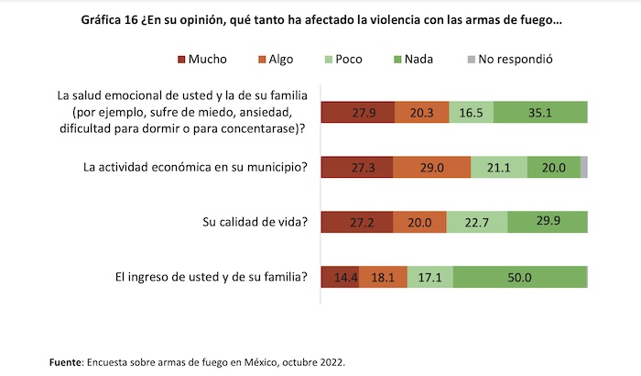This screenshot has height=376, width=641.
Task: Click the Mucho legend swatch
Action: point(181,60)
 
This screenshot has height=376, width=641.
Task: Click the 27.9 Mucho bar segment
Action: point(358,113)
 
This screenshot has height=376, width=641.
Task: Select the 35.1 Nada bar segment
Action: point(547,113)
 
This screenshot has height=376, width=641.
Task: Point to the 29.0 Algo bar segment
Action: point(432,167)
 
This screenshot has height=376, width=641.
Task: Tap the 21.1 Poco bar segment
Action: point(499,167)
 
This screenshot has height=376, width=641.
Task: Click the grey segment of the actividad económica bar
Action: point(584,167)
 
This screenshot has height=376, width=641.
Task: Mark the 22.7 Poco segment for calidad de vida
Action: point(477,221)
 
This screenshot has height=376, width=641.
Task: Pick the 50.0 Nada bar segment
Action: point(519,276)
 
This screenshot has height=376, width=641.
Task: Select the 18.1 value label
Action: point(384,276)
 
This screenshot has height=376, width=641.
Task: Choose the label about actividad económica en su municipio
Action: point(194,167)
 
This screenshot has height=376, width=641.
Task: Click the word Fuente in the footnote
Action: point(65,363)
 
